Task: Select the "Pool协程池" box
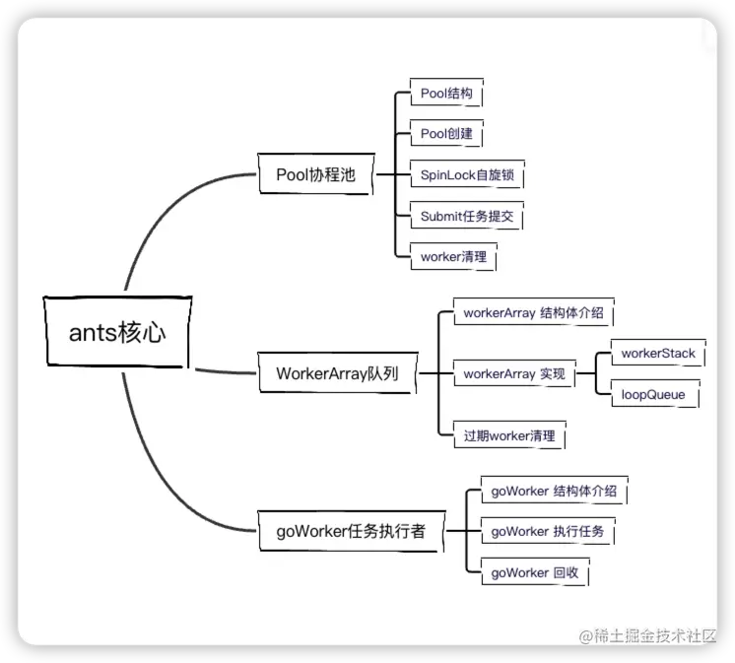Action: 314,175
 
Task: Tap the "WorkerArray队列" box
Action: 334,374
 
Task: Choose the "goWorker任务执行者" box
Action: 350,532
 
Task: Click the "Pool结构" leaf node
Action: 446,95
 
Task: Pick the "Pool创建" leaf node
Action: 446,134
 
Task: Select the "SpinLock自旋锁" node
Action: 466,175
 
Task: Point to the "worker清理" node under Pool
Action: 452,256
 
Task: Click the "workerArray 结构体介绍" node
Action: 532,314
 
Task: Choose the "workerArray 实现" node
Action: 513,374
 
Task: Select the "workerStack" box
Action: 657,353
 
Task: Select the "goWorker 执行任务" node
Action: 548,532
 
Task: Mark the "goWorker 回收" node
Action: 535,572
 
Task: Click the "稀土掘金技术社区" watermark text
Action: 647,635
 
